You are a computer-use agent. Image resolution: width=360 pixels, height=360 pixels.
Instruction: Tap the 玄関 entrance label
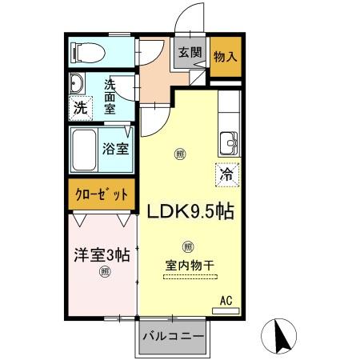190,53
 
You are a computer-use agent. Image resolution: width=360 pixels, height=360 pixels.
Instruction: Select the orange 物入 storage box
224,56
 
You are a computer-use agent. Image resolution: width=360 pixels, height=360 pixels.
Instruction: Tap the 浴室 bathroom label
114,148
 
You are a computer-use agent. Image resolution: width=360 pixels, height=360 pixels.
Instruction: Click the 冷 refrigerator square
228,171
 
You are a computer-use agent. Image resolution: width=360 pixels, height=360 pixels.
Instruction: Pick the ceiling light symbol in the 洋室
104,272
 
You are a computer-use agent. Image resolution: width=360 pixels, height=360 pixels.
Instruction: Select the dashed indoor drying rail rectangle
190,277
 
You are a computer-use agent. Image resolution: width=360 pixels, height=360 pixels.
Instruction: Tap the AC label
226,301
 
